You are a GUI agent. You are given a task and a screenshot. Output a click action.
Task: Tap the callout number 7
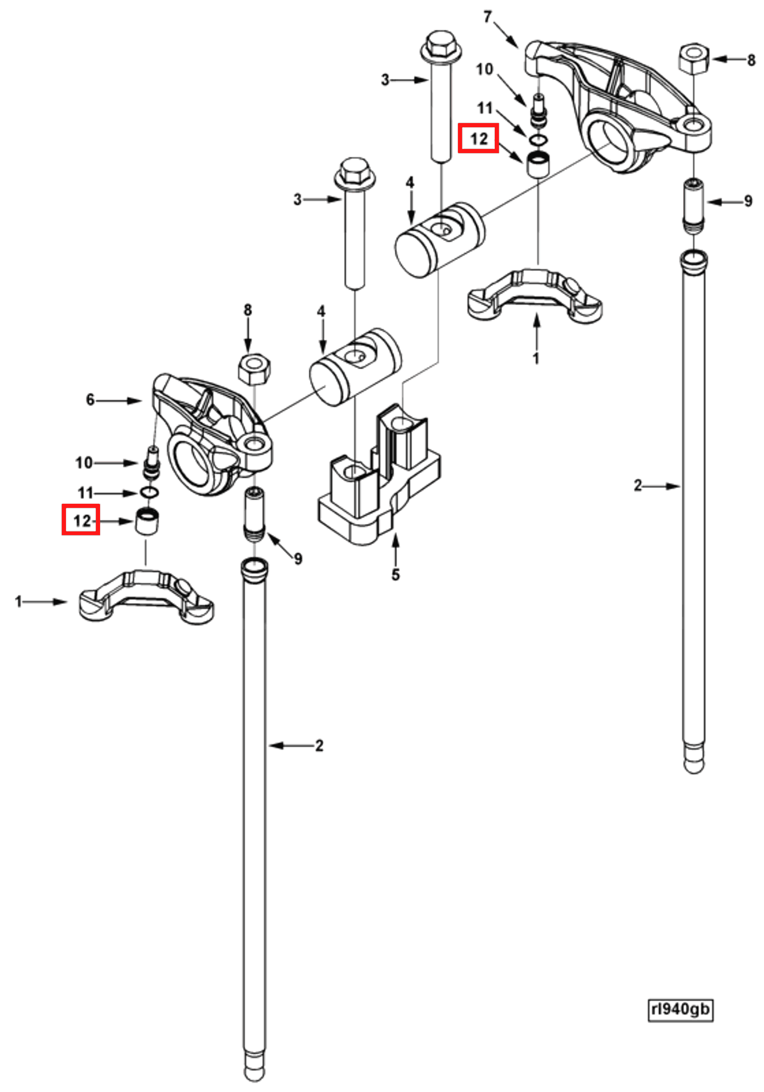[487, 17]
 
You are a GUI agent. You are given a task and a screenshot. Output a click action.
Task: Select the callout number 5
[396, 575]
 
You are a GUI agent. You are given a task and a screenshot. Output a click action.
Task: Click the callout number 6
[90, 400]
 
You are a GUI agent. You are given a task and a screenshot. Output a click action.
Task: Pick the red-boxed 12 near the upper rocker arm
[478, 139]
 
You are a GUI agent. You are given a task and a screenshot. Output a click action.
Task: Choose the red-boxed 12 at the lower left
[81, 520]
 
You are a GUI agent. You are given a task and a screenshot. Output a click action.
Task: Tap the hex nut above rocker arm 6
[254, 370]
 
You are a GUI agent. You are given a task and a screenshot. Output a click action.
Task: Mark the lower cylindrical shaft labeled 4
[355, 366]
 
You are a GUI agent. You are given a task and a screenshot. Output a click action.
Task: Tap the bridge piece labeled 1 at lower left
[146, 597]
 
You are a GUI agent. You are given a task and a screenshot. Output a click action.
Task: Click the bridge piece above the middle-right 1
[536, 294]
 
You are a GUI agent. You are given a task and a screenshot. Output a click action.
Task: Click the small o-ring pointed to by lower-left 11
[150, 492]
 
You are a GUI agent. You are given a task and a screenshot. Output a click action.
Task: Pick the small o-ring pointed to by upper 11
[538, 139]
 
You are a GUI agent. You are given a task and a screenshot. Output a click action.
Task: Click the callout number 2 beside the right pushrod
[638, 485]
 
